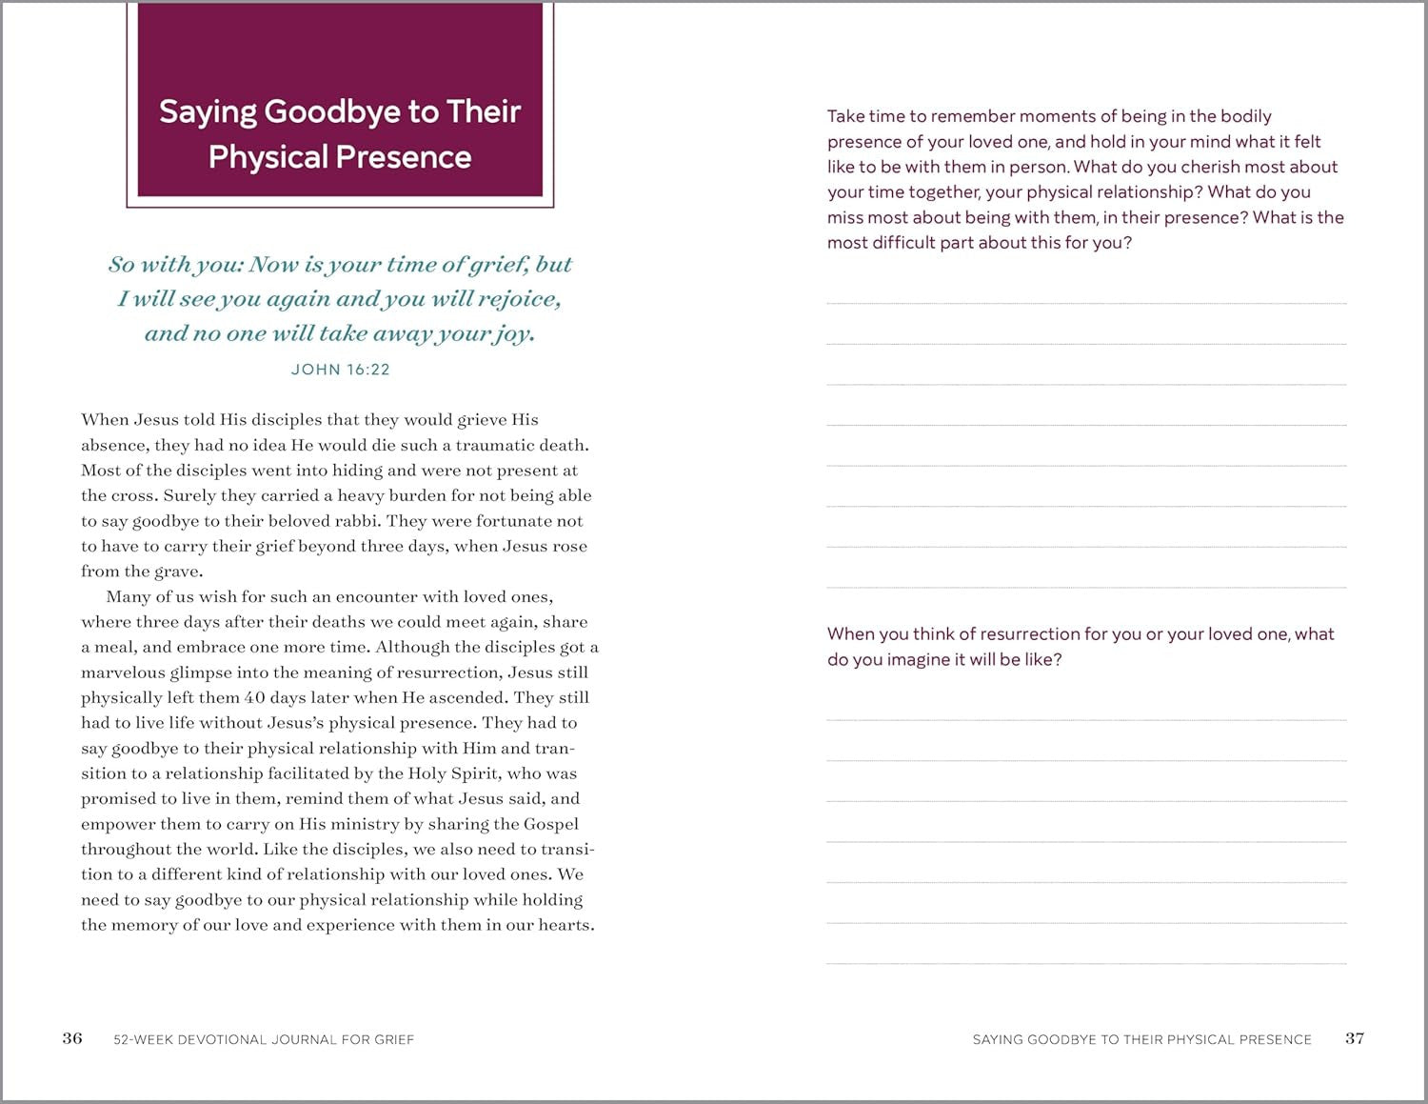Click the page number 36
pyautogui.click(x=72, y=1038)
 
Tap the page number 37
pyautogui.click(x=1355, y=1038)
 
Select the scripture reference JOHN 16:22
pyautogui.click(x=340, y=370)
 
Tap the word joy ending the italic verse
pyautogui.click(x=513, y=333)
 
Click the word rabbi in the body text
pyautogui.click(x=356, y=521)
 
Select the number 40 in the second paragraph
pyautogui.click(x=254, y=697)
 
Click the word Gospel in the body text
pyautogui.click(x=550, y=824)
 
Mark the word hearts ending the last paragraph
pyautogui.click(x=565, y=925)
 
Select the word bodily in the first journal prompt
pyautogui.click(x=1245, y=116)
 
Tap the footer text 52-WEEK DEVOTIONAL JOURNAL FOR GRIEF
pyautogui.click(x=264, y=1039)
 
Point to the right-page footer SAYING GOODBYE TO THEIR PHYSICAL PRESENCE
pyautogui.click(x=1141, y=1039)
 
